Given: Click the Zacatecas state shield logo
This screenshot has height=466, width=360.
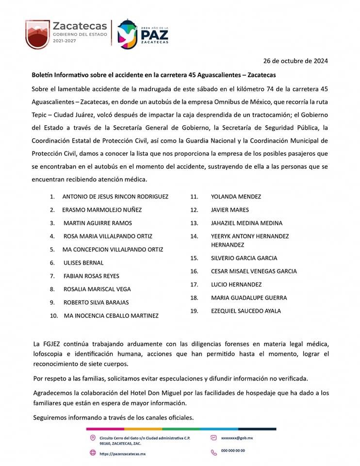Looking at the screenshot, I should click(37, 34).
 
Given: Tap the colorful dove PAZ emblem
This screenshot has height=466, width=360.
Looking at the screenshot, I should click(127, 34).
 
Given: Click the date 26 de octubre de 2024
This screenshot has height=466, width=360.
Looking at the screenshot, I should click(295, 61).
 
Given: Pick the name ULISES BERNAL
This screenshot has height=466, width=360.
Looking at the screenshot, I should click(83, 263).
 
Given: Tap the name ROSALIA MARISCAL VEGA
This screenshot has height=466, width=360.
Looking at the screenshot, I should click(97, 289).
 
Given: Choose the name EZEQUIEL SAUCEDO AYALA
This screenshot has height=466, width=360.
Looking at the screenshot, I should click(246, 311).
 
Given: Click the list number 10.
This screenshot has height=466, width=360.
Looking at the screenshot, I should click(54, 316).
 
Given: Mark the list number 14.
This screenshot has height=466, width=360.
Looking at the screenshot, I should click(194, 236).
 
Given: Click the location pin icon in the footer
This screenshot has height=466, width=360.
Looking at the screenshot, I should click(93, 438).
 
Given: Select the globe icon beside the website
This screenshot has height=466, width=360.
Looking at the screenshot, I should click(93, 453).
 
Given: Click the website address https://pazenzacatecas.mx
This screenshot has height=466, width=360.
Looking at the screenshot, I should click(122, 454).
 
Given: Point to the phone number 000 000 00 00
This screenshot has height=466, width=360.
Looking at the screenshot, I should click(233, 451).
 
